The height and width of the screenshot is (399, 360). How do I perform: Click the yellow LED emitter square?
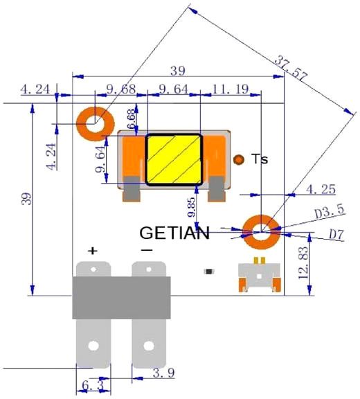[174, 159]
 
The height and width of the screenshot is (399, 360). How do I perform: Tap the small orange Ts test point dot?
[239, 159]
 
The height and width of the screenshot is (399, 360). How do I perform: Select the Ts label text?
[260, 159]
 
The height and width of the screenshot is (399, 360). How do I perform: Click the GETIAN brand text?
[174, 233]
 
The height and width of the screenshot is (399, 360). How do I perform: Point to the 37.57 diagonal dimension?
[291, 68]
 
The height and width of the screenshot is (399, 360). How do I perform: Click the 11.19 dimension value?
[230, 89]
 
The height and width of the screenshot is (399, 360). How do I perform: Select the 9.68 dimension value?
[121, 89]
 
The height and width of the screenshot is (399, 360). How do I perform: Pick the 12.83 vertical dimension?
[303, 263]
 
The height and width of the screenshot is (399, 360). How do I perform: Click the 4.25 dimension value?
[321, 189]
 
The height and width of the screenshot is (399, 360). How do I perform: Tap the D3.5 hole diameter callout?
[330, 211]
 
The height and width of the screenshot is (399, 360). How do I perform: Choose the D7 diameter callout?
[336, 234]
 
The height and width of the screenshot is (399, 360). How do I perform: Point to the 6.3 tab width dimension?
[93, 386]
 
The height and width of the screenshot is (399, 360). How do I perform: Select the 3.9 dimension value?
[163, 373]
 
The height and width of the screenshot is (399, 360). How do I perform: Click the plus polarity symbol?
[93, 251]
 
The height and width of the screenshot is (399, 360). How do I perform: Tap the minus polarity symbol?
[147, 250]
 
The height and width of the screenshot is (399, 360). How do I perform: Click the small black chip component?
[208, 272]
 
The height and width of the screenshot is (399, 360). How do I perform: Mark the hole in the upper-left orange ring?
[96, 124]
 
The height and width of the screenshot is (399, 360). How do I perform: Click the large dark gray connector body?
[121, 298]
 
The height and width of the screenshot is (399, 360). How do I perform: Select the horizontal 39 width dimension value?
[178, 71]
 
